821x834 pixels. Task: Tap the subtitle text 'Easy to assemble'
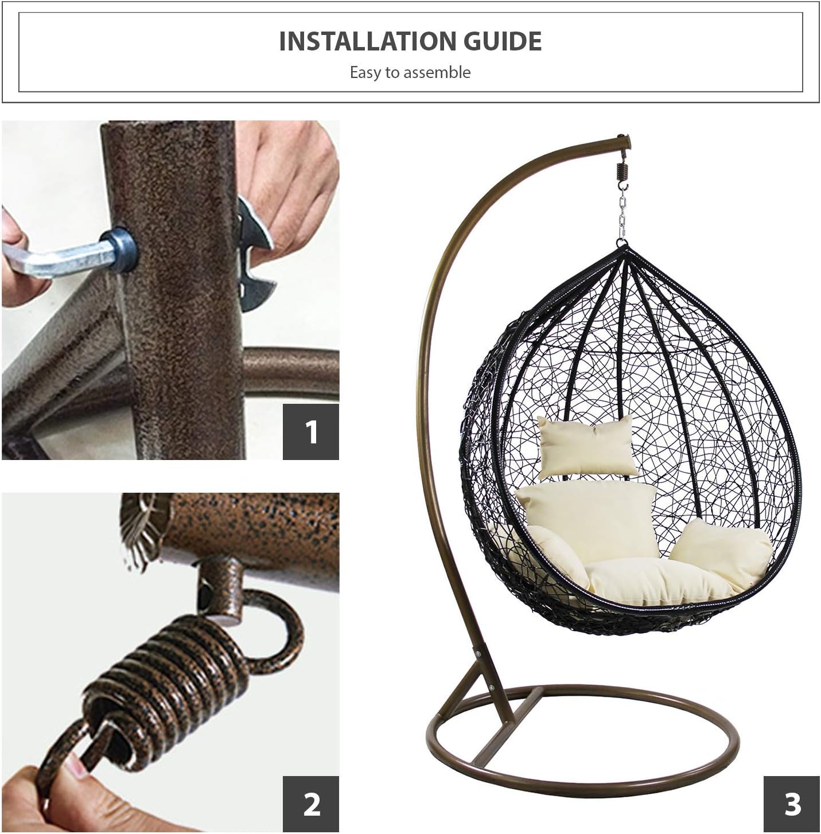[410, 73]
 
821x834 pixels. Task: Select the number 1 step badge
[311, 431]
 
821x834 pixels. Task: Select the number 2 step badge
[311, 804]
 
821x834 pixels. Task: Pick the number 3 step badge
[792, 804]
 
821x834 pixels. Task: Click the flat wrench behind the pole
[252, 258]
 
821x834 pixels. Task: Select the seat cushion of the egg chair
[660, 582]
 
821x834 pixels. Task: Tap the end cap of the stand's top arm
[624, 140]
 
